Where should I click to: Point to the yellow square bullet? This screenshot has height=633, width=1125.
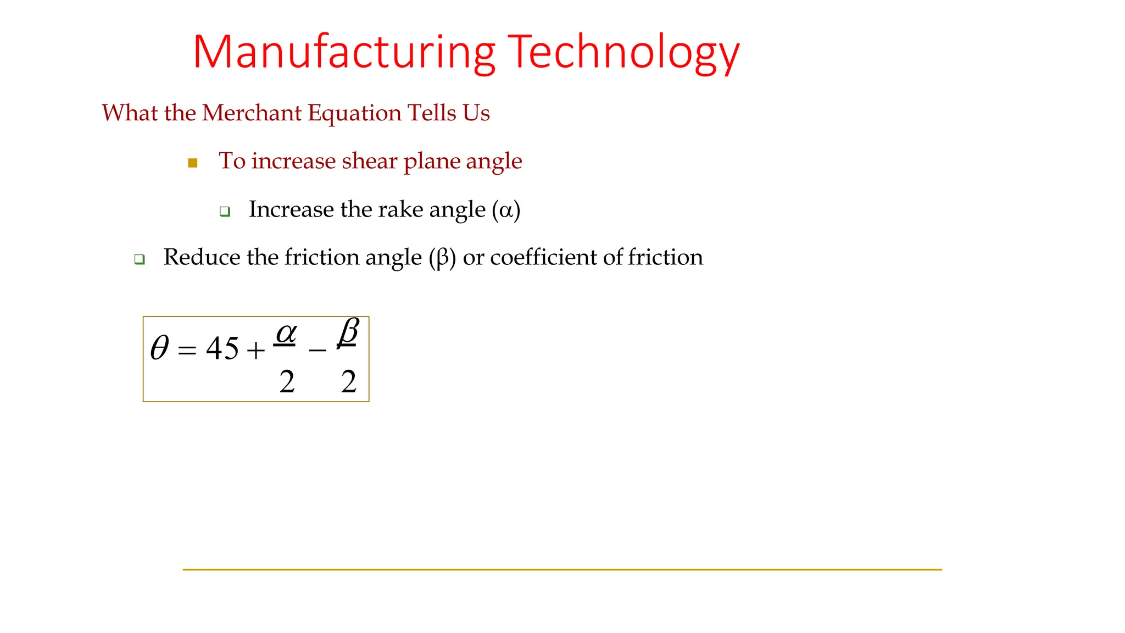click(x=193, y=163)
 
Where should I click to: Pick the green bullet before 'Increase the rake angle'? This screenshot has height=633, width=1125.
click(x=225, y=211)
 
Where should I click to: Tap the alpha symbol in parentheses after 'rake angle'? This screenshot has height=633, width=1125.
click(x=506, y=210)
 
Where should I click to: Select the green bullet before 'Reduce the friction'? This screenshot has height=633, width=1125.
click(x=140, y=259)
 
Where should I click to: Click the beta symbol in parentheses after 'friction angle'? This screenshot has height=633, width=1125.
click(x=442, y=258)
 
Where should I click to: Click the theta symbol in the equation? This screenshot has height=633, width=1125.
click(x=159, y=348)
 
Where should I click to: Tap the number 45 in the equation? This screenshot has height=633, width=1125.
click(x=222, y=348)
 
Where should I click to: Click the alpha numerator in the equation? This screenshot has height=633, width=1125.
click(x=286, y=332)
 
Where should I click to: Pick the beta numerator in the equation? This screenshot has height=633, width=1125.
click(x=348, y=331)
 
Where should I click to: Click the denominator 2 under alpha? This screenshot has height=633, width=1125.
click(x=287, y=381)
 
